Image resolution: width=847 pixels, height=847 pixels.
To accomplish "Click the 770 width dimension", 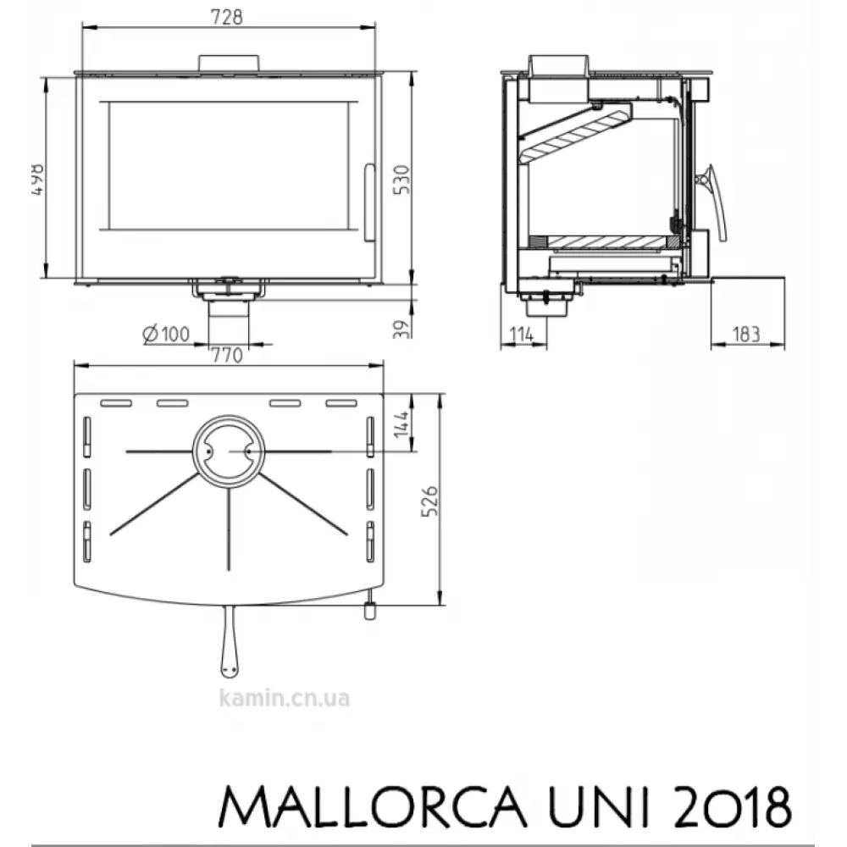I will coord(228,355).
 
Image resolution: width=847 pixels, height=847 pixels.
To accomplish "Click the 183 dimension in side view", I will coord(745,334).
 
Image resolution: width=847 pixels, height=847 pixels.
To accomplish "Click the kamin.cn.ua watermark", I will coord(284,699).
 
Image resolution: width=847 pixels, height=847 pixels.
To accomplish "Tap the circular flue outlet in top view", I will coord(228,451).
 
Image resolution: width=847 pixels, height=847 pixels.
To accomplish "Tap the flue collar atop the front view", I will coord(228,64).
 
